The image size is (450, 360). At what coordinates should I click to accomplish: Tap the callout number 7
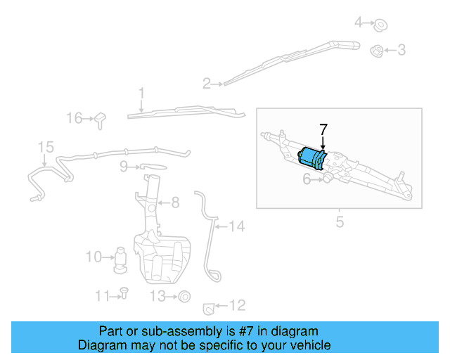coord(323,130)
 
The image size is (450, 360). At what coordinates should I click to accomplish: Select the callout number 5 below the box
coord(340,223)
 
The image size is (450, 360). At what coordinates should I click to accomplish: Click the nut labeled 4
coord(381,24)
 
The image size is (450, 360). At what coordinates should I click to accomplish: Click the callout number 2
coord(207,84)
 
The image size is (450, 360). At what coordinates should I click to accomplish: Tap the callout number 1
coord(141,93)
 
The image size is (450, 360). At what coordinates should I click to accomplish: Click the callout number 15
coord(46,147)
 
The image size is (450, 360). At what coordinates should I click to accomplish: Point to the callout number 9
coord(124,167)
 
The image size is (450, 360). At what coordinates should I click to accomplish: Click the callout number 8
coord(175,202)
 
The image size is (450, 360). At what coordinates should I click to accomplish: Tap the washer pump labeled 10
coord(121,259)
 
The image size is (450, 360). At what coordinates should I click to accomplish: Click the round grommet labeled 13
coord(184,296)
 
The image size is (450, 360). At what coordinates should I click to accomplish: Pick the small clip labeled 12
coord(208,307)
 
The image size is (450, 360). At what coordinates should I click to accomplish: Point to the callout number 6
coord(307,180)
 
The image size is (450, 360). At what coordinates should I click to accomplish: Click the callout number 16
coord(75,118)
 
